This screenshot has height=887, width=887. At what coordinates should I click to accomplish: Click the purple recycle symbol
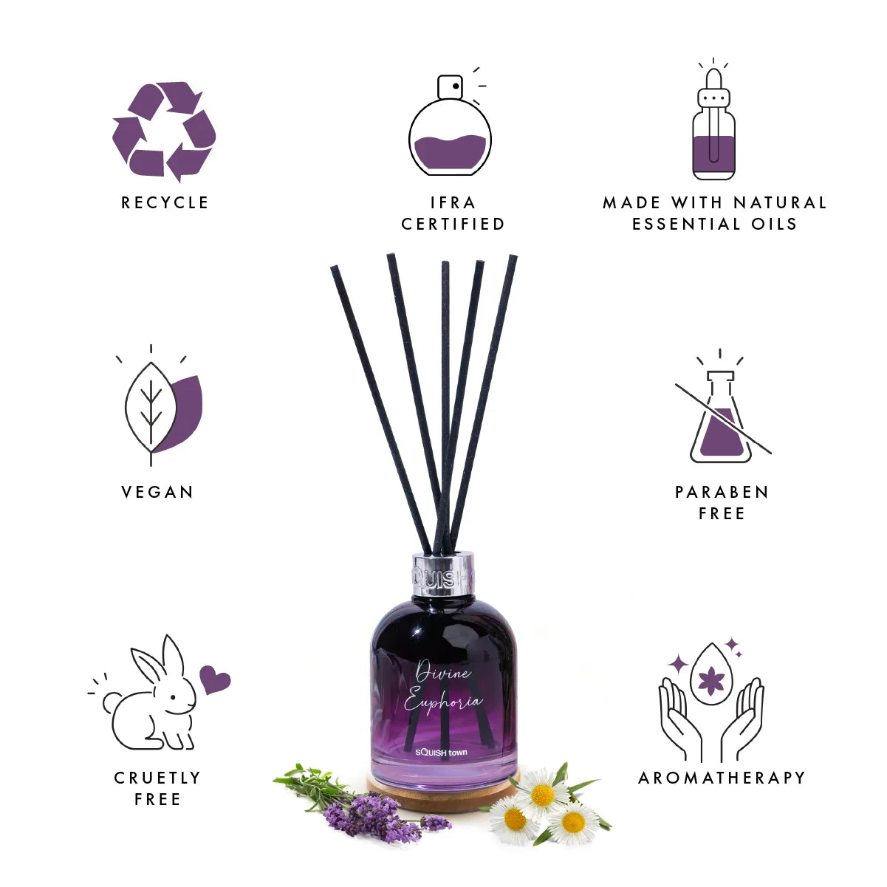tap(164, 131)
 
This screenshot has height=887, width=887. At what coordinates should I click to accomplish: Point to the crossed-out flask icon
tap(722, 412)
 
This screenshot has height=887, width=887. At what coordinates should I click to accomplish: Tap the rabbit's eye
tap(173, 697)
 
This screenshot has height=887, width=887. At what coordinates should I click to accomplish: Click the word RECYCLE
tap(165, 202)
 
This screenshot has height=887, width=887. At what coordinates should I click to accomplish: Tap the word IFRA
tap(453, 202)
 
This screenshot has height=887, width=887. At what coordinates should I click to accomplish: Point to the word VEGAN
tap(157, 492)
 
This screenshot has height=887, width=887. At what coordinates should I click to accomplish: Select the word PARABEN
tap(722, 492)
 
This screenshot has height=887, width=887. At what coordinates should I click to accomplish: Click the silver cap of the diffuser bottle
tap(443, 575)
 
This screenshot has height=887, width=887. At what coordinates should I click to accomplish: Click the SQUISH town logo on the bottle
tap(441, 752)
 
